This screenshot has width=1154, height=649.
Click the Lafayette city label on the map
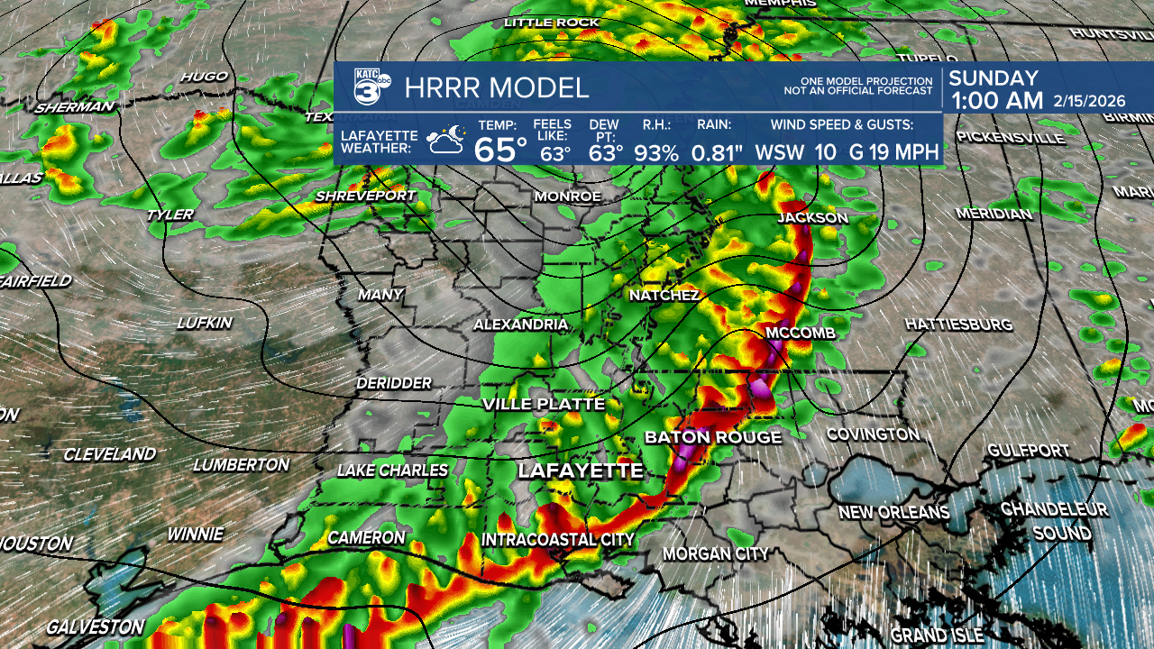pos(581,471)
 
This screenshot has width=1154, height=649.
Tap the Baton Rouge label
pos(712,437)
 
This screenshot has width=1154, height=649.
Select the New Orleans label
pos(893,512)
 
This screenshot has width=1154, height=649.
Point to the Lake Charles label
pos(392,471)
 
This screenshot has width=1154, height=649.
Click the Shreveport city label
pos(365,196)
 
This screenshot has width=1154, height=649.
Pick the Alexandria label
pos(521,324)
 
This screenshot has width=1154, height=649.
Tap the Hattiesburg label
pos(958,324)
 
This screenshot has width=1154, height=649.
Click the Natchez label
pos(664,296)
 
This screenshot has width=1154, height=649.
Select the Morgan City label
pos(716,553)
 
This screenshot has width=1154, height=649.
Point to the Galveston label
pos(95,626)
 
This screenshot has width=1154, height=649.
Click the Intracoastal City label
pos(558,539)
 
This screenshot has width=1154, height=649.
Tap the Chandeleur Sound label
pos(1054,521)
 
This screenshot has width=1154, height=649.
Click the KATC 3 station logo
pos(371,87)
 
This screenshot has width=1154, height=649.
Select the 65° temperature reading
pos(500,149)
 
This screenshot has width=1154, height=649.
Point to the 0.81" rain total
pos(717,152)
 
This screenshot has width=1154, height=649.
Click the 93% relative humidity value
pos(655,152)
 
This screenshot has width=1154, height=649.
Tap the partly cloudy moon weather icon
pos(446,141)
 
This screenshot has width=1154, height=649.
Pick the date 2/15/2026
pos(1101,101)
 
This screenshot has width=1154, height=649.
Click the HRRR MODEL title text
pos(497,88)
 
